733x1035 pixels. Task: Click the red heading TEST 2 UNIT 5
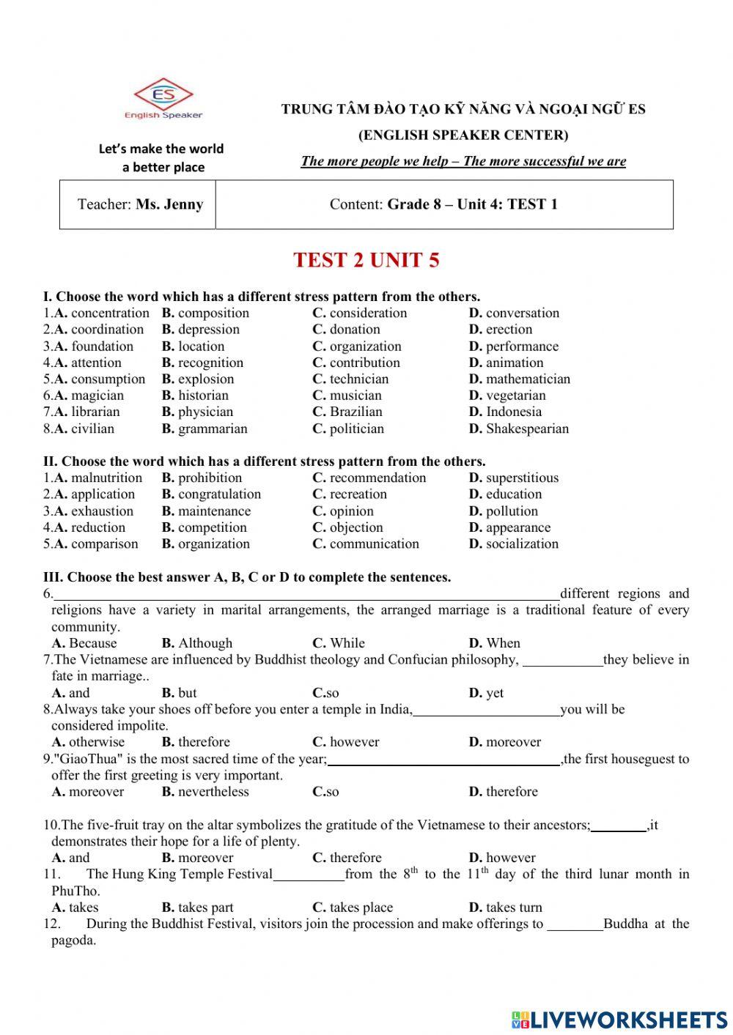point(366,260)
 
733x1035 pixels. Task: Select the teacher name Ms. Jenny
point(169,204)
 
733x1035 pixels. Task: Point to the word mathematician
point(527,379)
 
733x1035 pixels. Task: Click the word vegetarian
point(515,396)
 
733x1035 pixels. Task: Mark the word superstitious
point(522,478)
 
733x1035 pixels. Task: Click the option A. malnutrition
point(97,478)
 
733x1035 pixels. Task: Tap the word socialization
point(522,544)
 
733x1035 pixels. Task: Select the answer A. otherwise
point(89,742)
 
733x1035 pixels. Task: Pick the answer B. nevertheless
point(205,792)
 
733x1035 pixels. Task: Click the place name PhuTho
point(75,891)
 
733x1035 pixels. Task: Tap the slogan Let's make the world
point(161,149)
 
